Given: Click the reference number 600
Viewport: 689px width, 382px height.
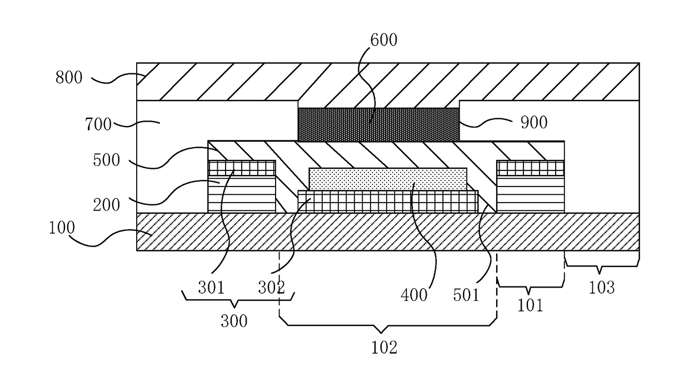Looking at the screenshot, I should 383,40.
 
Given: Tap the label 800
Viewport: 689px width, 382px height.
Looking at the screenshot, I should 69,77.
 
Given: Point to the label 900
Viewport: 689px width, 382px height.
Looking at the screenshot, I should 533,122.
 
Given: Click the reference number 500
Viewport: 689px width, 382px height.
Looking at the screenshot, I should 107,160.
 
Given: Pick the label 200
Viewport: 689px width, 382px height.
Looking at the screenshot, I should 107,204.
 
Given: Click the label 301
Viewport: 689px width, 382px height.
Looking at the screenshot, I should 211,287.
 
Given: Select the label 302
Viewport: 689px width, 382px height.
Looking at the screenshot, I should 271,287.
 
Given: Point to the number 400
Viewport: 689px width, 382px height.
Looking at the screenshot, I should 414,294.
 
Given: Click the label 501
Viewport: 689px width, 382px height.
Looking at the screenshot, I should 466,294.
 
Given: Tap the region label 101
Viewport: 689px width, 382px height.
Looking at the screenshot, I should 530,305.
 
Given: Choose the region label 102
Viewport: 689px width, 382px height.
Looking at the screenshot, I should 384,348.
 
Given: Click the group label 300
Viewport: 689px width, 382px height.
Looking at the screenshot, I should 234,320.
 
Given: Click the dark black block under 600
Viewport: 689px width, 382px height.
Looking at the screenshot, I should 378,124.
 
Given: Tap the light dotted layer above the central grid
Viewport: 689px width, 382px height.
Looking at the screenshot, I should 387,178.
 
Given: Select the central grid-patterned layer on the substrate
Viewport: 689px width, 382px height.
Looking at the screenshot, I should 387,202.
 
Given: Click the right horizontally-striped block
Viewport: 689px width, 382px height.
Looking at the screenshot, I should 530,194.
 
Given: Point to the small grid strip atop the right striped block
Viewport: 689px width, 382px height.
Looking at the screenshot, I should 530,168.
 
